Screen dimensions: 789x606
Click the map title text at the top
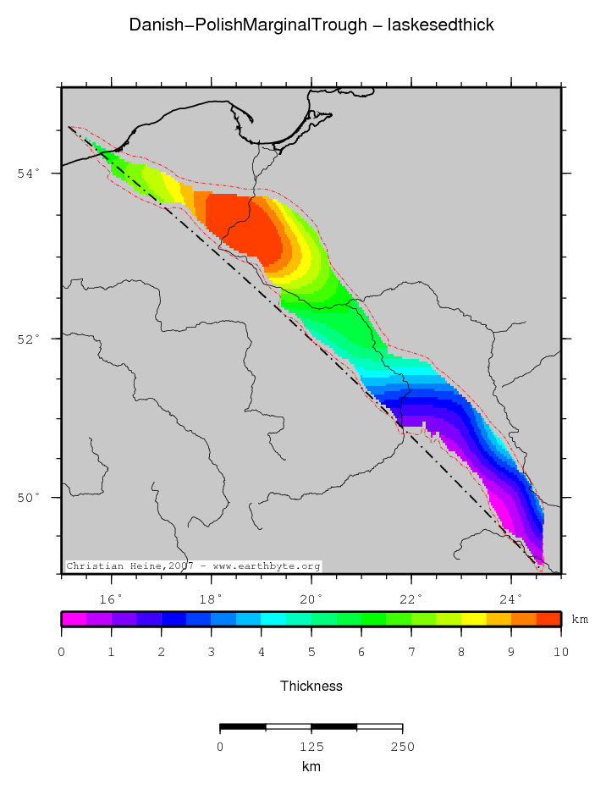[311, 25]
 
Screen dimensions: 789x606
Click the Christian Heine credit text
[193, 566]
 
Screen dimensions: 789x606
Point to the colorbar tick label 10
[561, 652]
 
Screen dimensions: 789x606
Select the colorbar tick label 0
[62, 652]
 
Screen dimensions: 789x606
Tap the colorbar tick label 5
[311, 652]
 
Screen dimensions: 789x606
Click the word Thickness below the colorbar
[311, 686]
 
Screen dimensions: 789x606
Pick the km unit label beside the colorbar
[580, 620]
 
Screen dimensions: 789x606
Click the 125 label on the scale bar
[311, 747]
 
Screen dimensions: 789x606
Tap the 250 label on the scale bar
[402, 747]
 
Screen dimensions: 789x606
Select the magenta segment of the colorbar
[74, 619]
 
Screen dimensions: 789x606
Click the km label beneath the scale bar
[311, 766]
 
